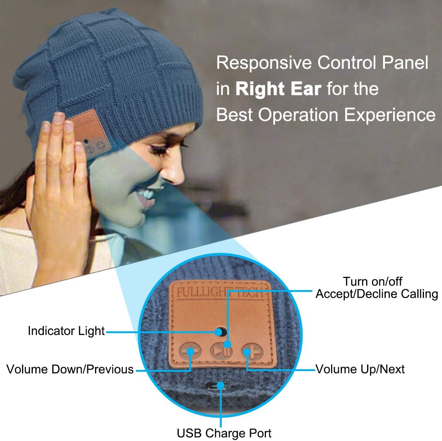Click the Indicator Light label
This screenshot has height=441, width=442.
[x=66, y=331]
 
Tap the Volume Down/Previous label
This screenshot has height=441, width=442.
[x=70, y=369]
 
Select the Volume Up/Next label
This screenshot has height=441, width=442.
[x=360, y=369]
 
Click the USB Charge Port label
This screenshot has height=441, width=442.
[x=224, y=433]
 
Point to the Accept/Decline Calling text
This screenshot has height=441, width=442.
[x=376, y=294]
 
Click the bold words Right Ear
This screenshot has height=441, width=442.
[x=278, y=89]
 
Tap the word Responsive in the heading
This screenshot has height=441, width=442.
[x=264, y=63]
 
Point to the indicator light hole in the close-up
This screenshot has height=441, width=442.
[x=220, y=332]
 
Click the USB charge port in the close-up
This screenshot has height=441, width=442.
[x=220, y=385]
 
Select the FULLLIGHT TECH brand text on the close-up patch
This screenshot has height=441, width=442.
[x=220, y=293]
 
